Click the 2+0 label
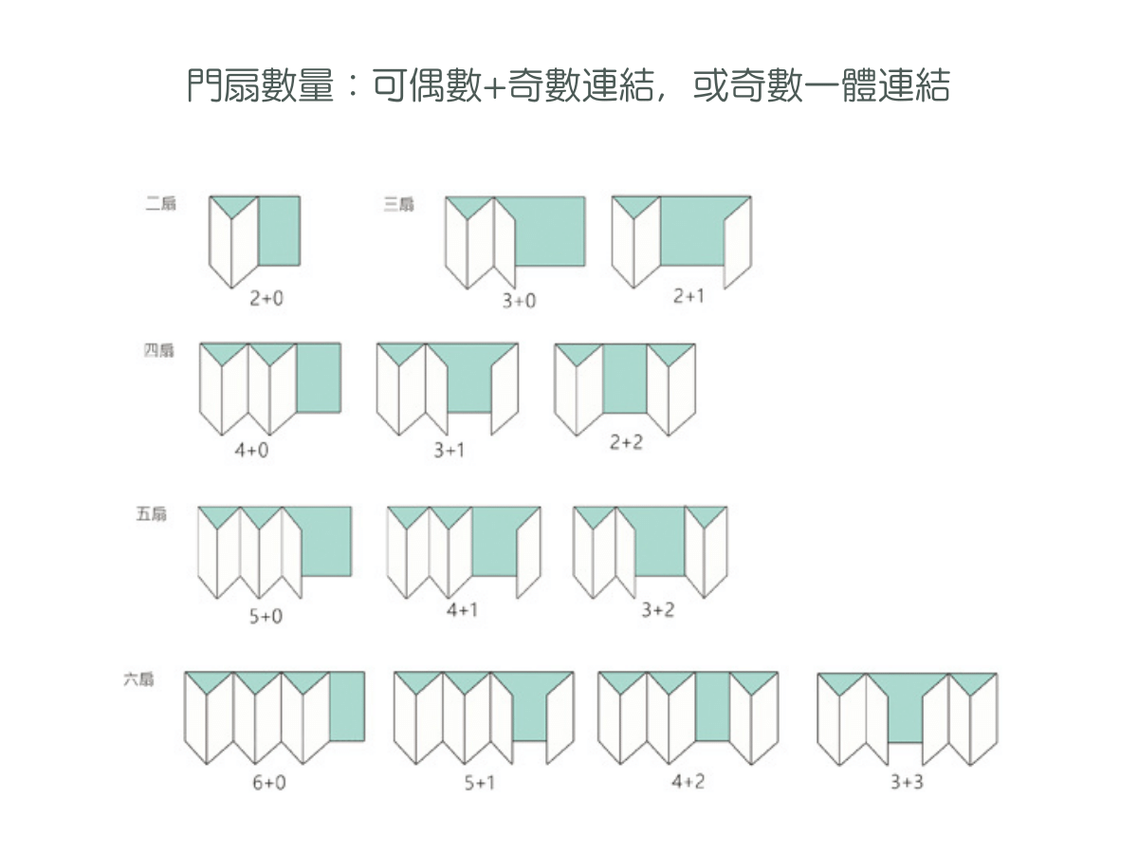click(x=266, y=298)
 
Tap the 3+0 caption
click(x=519, y=301)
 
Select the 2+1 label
click(x=688, y=296)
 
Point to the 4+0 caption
click(x=251, y=450)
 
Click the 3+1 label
click(x=450, y=451)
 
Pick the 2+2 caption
click(x=626, y=442)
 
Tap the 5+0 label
click(x=266, y=617)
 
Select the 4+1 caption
click(x=462, y=609)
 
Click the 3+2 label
click(x=657, y=609)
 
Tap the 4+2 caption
click(x=688, y=781)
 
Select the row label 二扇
click(x=161, y=204)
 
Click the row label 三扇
click(x=399, y=204)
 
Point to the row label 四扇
click(x=159, y=351)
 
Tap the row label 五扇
click(x=152, y=515)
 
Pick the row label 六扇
click(x=138, y=679)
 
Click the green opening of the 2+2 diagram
click(x=625, y=378)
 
